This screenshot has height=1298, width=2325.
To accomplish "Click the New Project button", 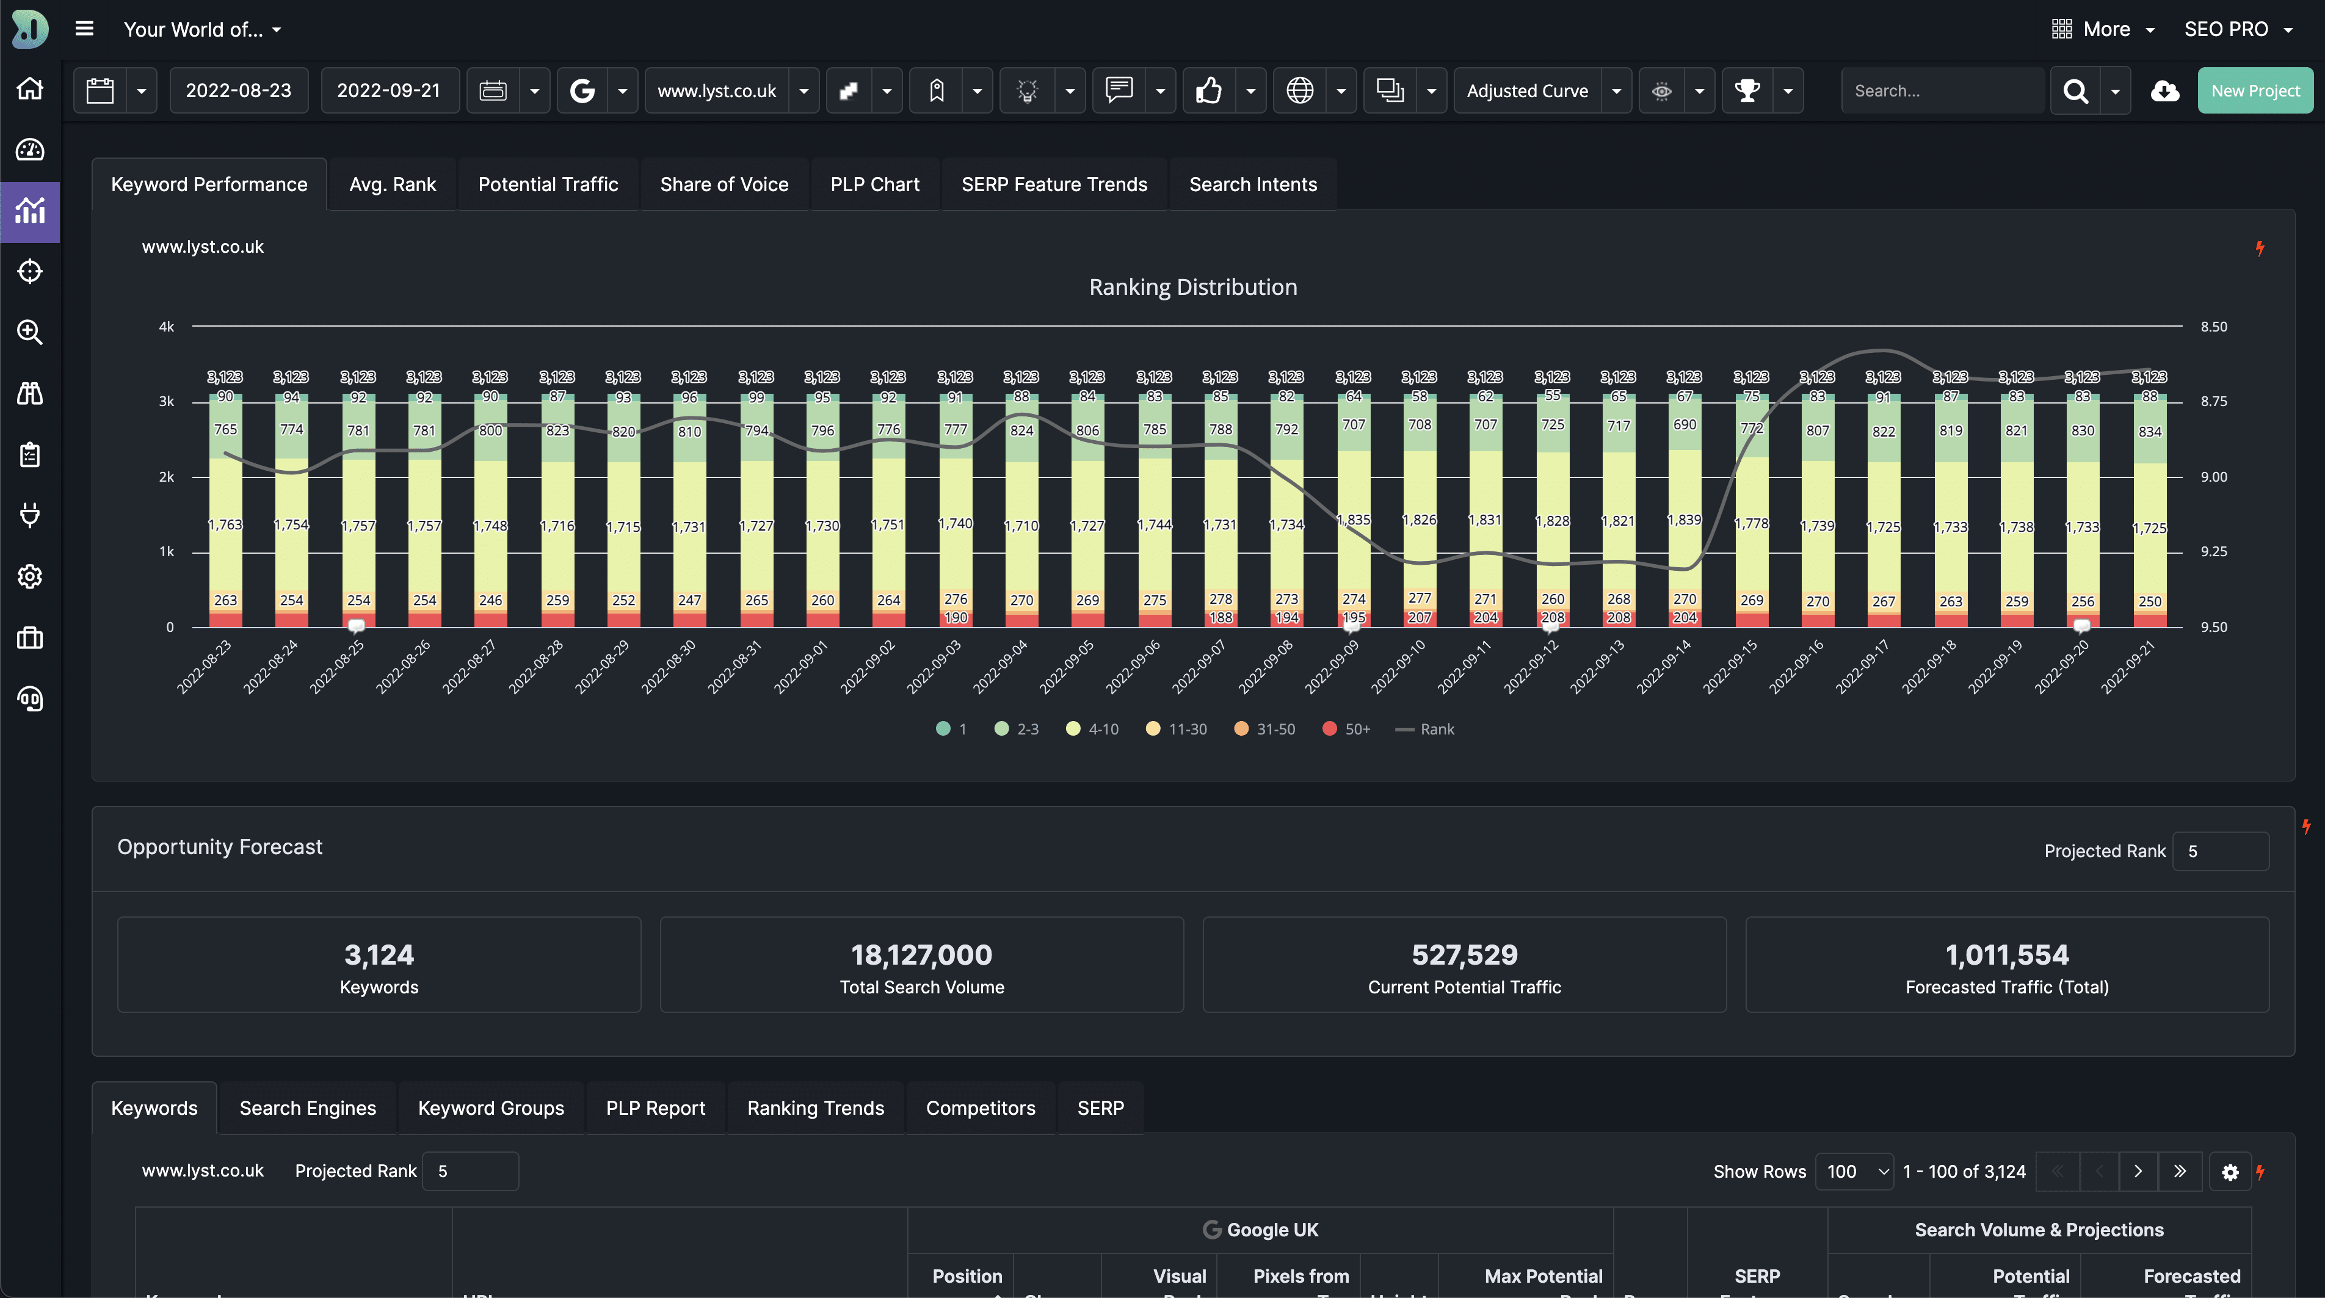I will click(2255, 90).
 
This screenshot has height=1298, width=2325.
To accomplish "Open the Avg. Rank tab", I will click(393, 184).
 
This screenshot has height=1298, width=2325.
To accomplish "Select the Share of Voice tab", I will click(724, 184).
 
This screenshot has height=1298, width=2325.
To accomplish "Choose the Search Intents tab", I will click(1253, 184).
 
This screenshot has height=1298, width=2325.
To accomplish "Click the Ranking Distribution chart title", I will click(1192, 287).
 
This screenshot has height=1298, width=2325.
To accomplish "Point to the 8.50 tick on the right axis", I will click(2213, 327).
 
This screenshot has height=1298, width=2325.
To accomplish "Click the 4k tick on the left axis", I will click(166, 327).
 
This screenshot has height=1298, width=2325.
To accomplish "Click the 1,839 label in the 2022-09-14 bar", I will click(1684, 520).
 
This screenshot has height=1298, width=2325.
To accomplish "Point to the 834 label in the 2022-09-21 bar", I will click(2150, 432).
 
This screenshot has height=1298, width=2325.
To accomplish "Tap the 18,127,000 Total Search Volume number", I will click(921, 954).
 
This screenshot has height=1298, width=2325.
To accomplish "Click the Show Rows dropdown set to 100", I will click(1854, 1171).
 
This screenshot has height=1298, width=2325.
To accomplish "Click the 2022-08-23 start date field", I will click(238, 90).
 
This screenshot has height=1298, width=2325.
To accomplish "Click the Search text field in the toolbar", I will click(1940, 90).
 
